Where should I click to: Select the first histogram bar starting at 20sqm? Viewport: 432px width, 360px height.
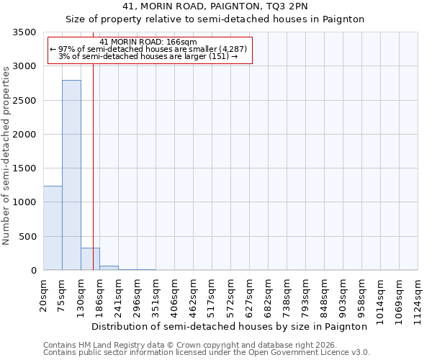pyautogui.click(x=53, y=228)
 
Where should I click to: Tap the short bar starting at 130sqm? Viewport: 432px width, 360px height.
pyautogui.click(x=90, y=259)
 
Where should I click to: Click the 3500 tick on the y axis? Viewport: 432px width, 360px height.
pyautogui.click(x=24, y=32)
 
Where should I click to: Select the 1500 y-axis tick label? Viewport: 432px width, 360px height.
pyautogui.click(x=24, y=168)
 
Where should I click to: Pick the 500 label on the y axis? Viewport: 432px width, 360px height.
pyautogui.click(x=27, y=237)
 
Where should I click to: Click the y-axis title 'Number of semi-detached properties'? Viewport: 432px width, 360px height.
pyautogui.click(x=6, y=155)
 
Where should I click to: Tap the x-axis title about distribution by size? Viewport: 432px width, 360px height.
pyautogui.click(x=229, y=326)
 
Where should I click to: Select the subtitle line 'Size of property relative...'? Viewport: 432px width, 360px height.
pyautogui.click(x=215, y=19)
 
